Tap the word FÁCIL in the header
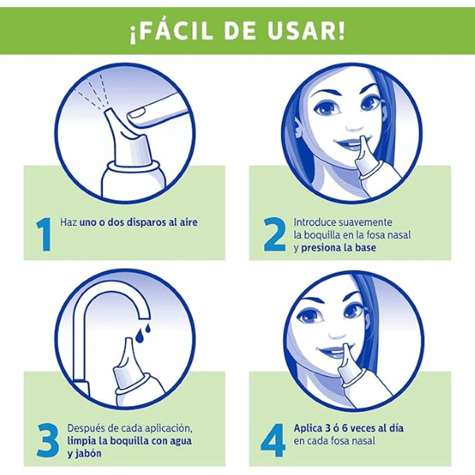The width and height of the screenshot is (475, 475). click(181, 31)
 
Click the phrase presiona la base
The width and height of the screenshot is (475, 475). click(338, 248)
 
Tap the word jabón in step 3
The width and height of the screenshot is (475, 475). click(88, 454)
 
